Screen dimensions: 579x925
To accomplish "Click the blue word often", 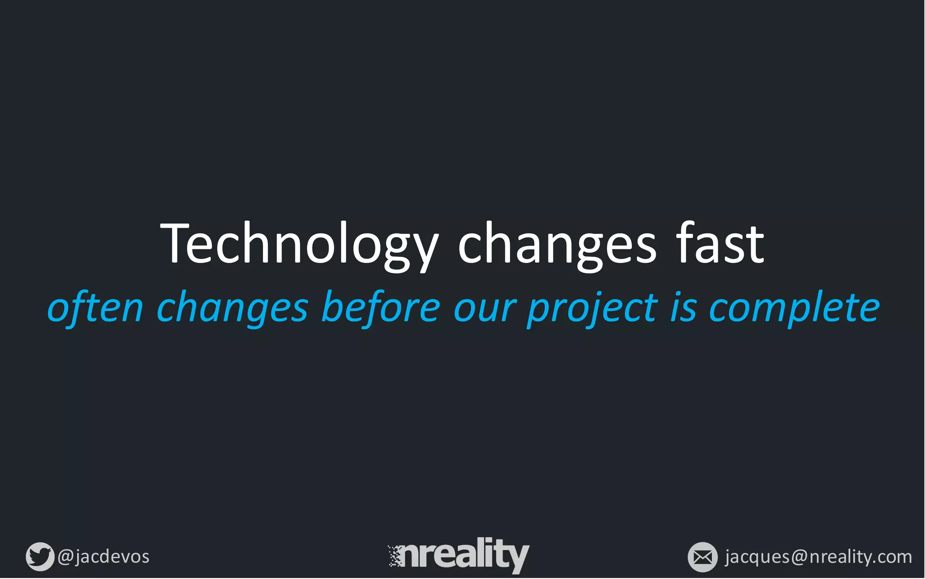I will coord(95,308).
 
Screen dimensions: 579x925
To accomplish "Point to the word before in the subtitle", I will coord(380,308).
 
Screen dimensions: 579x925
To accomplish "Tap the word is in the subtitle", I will coord(683,308).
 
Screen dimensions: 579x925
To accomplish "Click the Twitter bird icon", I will coord(40,556).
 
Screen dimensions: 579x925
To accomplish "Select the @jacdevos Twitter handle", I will coord(103,556).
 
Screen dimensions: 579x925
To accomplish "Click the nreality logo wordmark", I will coord(465,555).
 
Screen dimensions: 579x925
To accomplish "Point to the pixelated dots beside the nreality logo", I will coord(395,556).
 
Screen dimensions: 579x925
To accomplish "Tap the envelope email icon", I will coord(702,557).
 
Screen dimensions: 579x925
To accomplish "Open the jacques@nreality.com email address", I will coord(818,557).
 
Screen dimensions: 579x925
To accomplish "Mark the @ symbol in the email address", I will coord(799,557).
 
